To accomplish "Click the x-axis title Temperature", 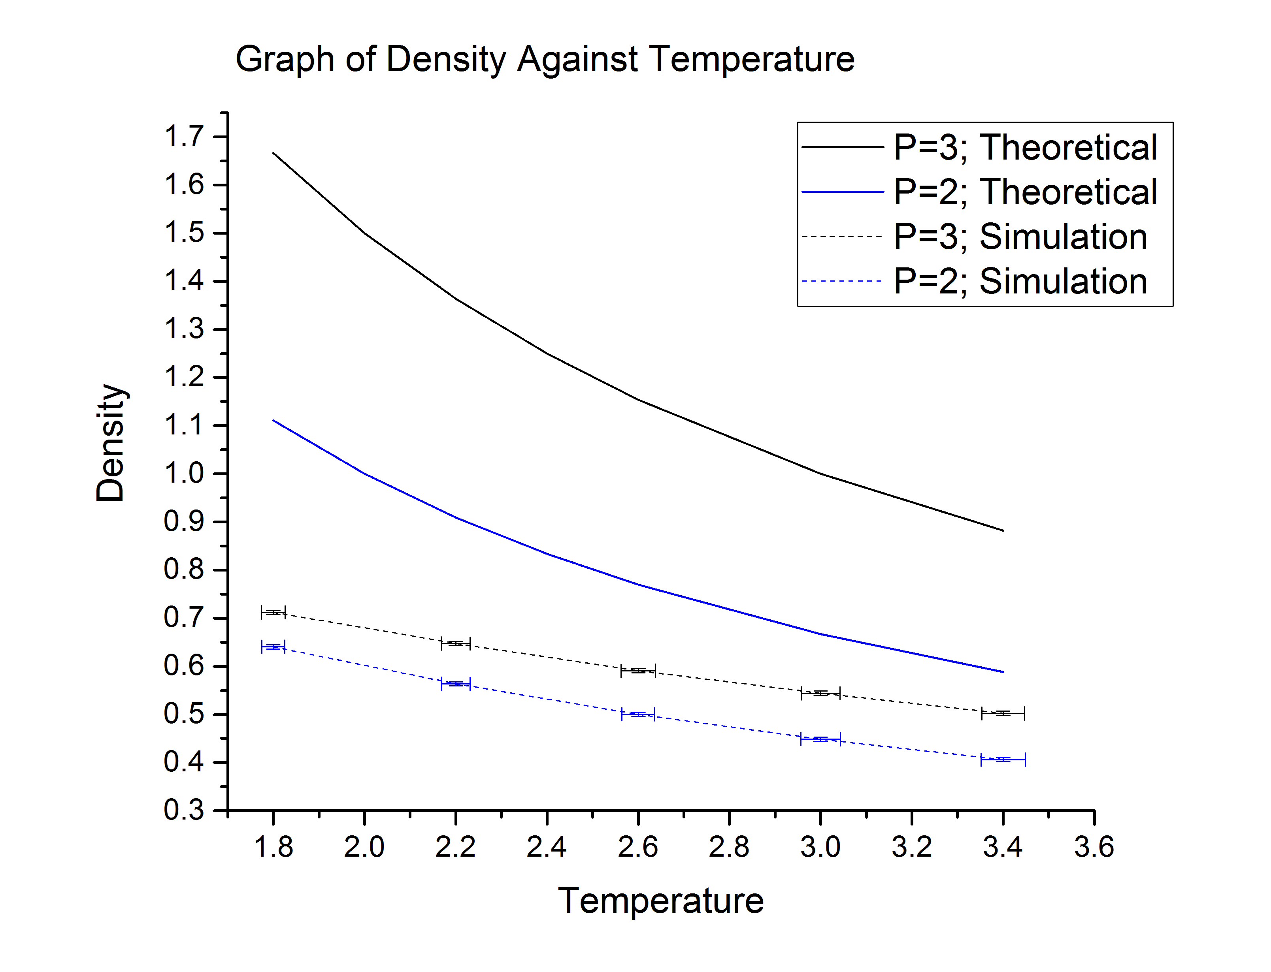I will coord(660,901).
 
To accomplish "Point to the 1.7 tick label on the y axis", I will coord(184,137).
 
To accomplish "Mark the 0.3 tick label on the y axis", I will coord(184,810).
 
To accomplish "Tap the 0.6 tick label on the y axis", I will coord(184,666).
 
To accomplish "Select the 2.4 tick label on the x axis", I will coord(546,848).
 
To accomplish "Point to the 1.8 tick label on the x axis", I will coord(273,848).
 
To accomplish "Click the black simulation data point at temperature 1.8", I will coord(273,612).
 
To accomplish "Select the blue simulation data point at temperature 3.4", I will coord(1003,759).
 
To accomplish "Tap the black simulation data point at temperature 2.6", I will coord(638,671).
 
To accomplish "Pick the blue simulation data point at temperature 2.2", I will coord(456,684).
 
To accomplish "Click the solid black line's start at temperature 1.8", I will coord(273,153).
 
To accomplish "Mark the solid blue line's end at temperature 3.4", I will coord(1003,672).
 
